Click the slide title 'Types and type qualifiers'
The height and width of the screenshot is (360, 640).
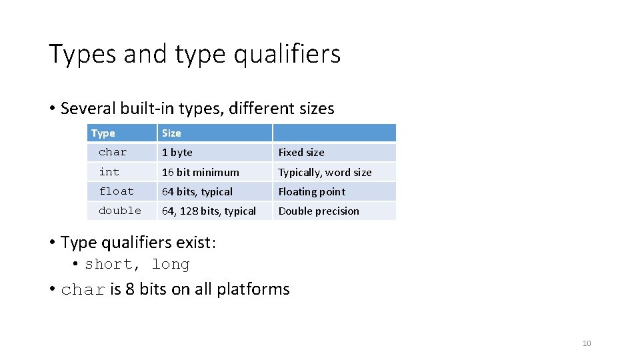[194, 54]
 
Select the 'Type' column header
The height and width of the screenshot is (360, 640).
[103, 133]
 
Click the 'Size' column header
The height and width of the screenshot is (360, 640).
[171, 133]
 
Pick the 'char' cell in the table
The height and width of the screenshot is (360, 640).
[113, 152]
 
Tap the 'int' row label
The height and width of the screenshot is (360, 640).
[109, 172]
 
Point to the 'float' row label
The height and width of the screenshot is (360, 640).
[117, 191]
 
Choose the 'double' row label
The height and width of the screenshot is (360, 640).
[120, 211]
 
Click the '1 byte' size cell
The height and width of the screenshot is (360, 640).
[177, 153]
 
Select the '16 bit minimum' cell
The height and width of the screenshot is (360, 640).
[201, 172]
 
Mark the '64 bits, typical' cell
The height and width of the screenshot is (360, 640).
[197, 192]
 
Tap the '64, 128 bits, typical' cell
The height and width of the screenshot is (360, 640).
[209, 211]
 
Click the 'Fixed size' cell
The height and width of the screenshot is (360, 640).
[301, 153]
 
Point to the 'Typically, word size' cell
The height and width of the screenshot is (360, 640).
[325, 173]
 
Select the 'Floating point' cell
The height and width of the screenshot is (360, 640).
[311, 192]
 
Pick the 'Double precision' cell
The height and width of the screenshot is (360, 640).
[319, 211]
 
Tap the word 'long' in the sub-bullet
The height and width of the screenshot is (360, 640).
[171, 265]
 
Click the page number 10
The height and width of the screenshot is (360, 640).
[587, 343]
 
